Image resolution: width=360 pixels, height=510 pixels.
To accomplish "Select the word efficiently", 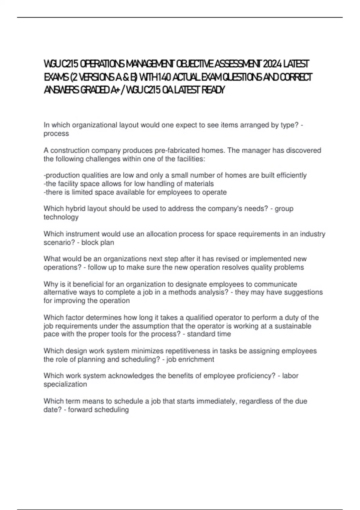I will pyautogui.click(x=291, y=175).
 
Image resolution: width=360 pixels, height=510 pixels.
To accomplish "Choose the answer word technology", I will pyautogui.click(x=61, y=217).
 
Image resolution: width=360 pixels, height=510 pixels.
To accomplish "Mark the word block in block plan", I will pyautogui.click(x=90, y=242).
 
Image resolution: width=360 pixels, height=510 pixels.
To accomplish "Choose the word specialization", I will pyautogui.click(x=65, y=384).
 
